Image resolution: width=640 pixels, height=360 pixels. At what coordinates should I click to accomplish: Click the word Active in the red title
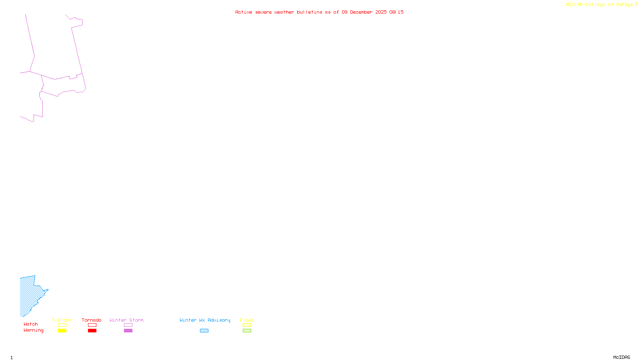point(243,12)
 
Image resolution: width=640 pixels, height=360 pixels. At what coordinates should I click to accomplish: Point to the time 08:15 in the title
point(396,12)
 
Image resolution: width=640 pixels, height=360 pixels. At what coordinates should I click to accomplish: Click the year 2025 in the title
point(381,12)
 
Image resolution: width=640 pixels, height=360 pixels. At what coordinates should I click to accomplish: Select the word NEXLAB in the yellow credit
point(574,4)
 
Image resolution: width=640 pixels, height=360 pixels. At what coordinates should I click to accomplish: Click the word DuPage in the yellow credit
point(624,4)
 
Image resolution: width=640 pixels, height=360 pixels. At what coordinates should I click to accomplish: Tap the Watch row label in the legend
point(31,324)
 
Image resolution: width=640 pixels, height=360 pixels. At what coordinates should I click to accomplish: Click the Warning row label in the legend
point(33,330)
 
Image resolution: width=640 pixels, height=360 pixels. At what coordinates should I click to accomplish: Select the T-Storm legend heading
point(62,320)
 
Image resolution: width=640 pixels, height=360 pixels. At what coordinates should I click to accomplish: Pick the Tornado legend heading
point(92,320)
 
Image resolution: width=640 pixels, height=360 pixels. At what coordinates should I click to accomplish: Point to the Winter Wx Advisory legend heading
point(205,320)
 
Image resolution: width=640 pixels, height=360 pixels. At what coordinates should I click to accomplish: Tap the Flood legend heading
point(247,320)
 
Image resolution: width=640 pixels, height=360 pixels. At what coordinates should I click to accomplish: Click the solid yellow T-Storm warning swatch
point(62,331)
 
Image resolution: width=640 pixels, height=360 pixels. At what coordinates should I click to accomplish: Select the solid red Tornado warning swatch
point(92,331)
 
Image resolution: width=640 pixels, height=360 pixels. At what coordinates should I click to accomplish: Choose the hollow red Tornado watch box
point(92,325)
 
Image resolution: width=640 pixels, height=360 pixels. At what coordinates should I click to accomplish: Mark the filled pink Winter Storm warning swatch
point(128,331)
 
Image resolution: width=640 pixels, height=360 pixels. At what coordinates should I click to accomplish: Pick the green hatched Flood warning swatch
point(247,331)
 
